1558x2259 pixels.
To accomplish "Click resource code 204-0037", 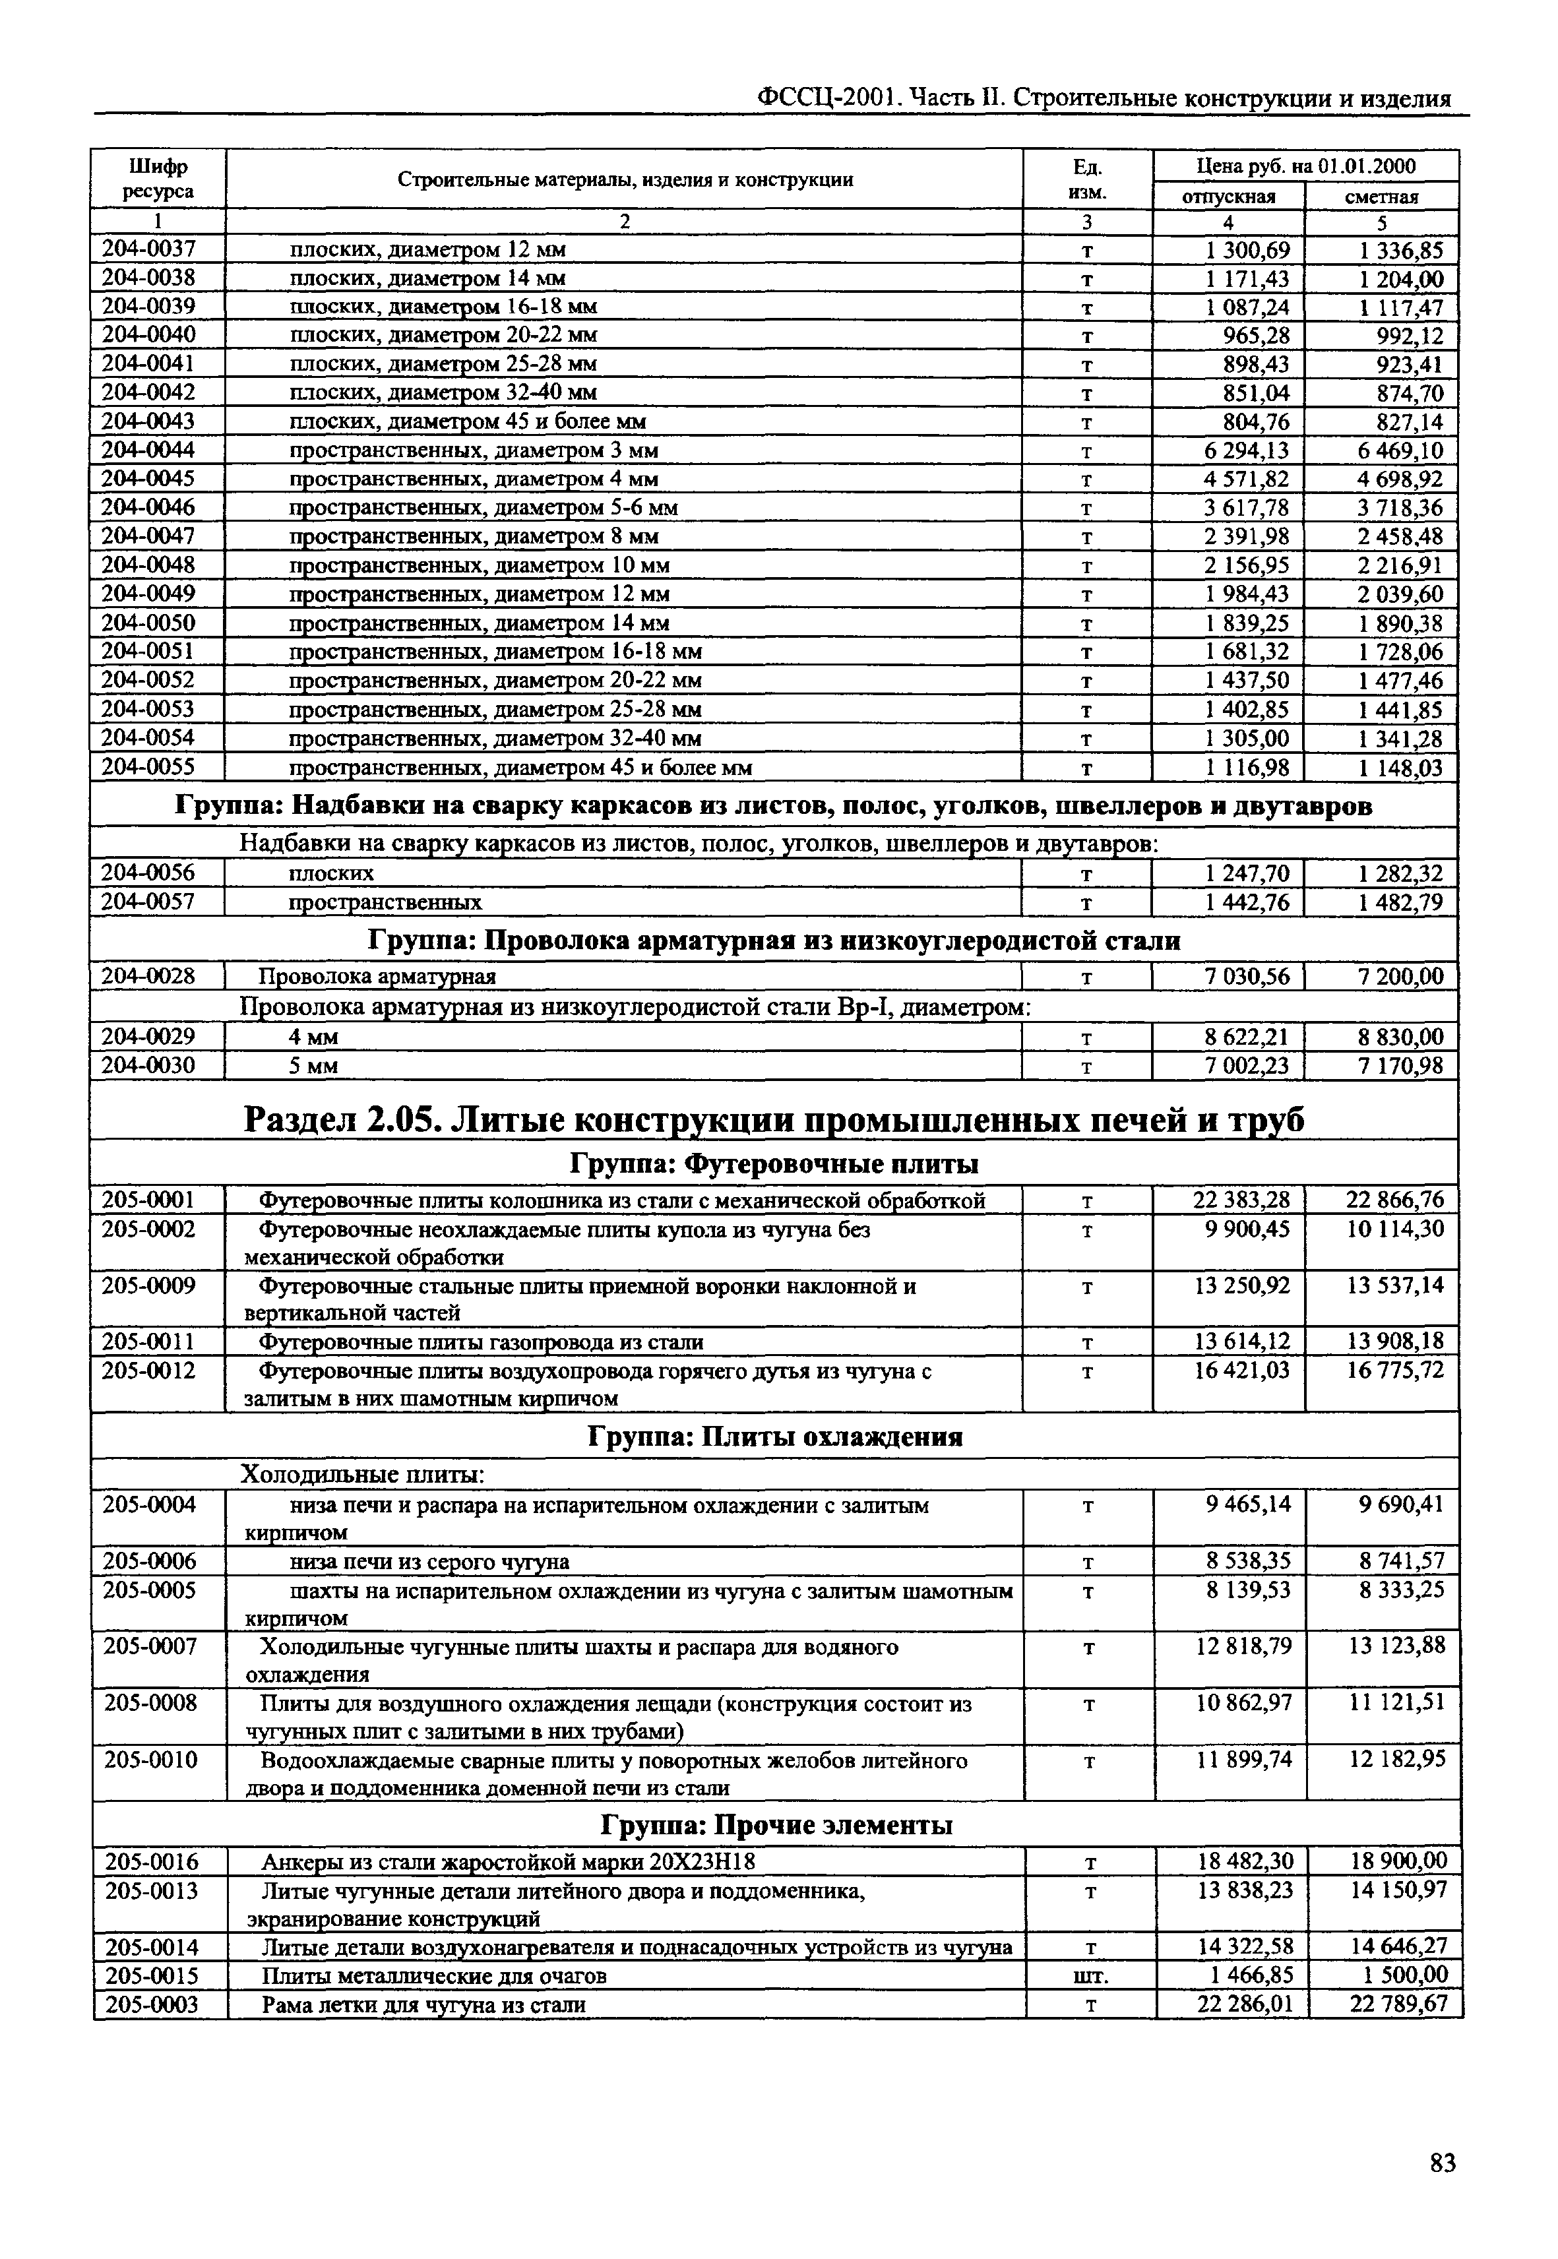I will tap(148, 250).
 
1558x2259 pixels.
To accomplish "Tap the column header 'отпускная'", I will tap(1229, 197).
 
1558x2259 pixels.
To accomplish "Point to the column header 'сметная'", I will tap(1381, 197).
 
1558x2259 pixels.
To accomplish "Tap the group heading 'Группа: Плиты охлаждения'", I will tap(776, 1437).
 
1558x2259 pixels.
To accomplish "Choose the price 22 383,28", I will tap(1241, 1200).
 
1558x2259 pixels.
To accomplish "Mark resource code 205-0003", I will tap(152, 2005).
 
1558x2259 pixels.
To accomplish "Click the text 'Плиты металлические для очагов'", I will tap(435, 1977).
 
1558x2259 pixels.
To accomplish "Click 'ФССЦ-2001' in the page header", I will tap(832, 98).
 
